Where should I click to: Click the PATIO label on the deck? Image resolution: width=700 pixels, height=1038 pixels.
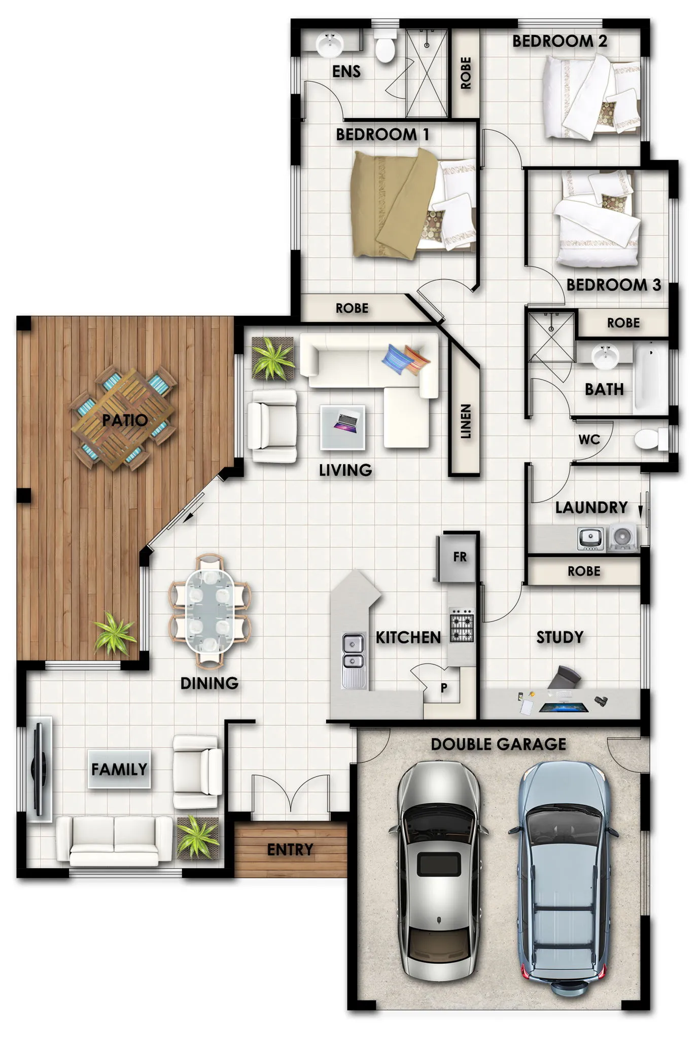coord(125,420)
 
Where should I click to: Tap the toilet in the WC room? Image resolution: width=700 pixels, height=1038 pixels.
coord(651,439)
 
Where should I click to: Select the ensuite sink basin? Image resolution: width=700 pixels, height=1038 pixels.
coord(330,44)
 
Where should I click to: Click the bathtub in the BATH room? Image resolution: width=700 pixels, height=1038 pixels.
coord(651,378)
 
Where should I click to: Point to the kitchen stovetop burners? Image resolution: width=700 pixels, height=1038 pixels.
coord(462,625)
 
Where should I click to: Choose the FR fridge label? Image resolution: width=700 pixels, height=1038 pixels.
coord(460,557)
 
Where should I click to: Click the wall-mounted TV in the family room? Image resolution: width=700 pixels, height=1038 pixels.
coord(39,768)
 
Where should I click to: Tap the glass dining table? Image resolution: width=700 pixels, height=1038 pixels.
coord(209,611)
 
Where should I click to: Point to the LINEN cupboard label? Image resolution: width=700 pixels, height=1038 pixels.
coord(465,421)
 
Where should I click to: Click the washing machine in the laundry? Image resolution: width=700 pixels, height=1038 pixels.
coord(622,537)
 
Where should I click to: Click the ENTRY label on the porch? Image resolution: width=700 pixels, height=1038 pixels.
coord(290,849)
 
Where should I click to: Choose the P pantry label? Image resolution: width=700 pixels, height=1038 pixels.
coord(444,688)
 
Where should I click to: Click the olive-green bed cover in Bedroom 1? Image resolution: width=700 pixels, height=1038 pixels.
coord(393,205)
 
